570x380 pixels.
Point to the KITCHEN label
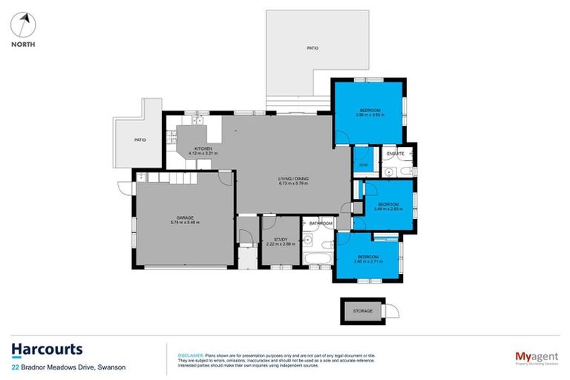203,148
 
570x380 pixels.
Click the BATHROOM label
321,223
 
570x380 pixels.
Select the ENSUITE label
396,154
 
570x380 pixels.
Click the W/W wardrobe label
363,164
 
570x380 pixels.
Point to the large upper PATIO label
312,48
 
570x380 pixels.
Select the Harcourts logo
47,350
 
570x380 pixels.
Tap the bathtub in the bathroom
318,258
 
